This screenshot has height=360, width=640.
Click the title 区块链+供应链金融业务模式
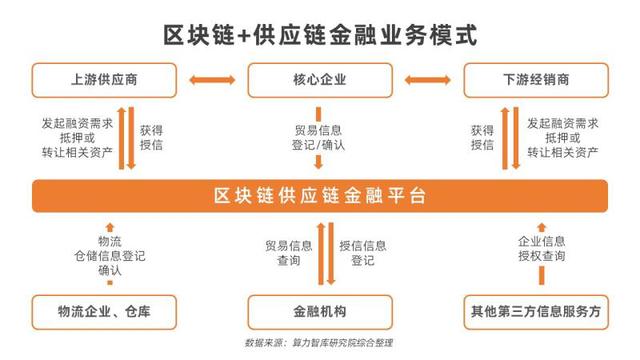[320, 34]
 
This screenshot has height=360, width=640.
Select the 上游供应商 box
[104, 79]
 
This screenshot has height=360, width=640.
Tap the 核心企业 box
[320, 79]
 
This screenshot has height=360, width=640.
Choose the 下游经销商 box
[534, 79]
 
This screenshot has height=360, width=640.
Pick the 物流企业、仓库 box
[104, 309]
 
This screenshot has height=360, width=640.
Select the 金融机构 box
[320, 309]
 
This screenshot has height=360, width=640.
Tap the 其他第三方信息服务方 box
[534, 309]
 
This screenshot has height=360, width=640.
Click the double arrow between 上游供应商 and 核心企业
[212, 79]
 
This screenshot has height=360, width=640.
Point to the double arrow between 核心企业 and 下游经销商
[427, 79]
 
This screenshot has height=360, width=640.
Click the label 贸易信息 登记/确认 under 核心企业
[320, 137]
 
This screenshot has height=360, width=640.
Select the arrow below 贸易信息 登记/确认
[320, 163]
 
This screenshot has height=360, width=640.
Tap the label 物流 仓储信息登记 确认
[109, 256]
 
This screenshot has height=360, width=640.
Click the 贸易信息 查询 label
[288, 252]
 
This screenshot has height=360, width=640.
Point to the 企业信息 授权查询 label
[541, 249]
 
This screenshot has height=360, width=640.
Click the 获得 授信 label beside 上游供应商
[151, 137]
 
